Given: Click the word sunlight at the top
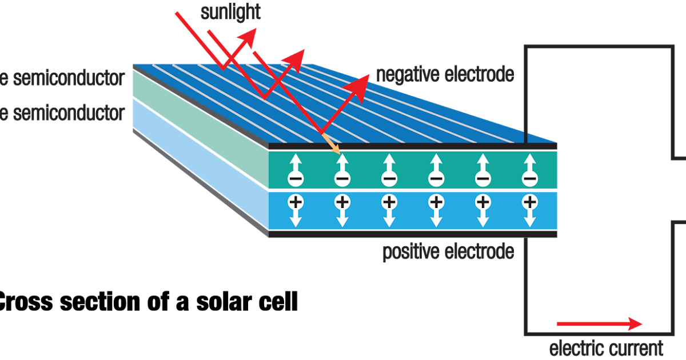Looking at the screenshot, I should (230, 12).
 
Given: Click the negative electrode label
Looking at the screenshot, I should (445, 74).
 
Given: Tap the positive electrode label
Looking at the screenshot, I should (448, 252).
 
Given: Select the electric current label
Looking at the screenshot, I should (607, 347).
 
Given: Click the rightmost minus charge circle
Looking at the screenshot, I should (529, 179).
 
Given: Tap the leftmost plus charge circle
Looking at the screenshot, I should (295, 201).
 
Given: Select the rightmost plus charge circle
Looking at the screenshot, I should (529, 201).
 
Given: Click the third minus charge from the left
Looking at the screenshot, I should (389, 179).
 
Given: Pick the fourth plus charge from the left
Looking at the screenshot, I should (436, 201).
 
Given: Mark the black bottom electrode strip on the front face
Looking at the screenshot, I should (412, 234).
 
